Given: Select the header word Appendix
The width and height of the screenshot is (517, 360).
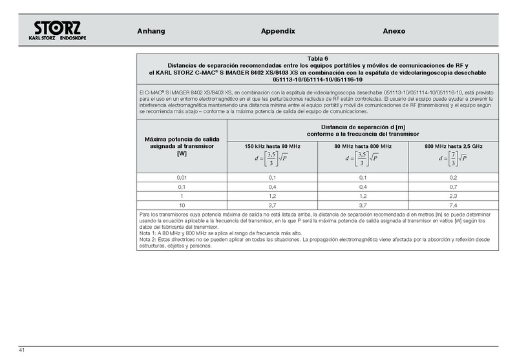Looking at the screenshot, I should click(x=278, y=31).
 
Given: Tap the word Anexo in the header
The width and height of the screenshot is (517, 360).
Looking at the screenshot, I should click(x=394, y=31).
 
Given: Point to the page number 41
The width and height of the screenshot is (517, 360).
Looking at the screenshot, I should click(x=22, y=350).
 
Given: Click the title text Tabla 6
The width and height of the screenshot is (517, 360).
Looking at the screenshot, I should click(x=318, y=59).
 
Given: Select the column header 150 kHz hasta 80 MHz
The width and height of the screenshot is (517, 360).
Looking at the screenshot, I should click(x=273, y=147).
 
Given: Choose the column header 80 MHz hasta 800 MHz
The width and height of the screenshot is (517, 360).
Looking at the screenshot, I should click(x=363, y=147).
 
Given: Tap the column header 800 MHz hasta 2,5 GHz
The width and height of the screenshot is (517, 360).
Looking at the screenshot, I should click(x=453, y=147).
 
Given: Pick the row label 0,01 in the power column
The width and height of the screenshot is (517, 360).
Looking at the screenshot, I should click(x=182, y=177).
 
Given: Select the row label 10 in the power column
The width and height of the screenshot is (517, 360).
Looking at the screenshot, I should click(x=182, y=204).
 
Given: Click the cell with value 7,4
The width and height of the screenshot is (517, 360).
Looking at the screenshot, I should click(x=453, y=204).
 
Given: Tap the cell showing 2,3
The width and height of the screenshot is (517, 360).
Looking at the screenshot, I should click(x=453, y=195).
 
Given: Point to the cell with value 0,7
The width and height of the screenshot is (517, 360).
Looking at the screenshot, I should click(x=453, y=186).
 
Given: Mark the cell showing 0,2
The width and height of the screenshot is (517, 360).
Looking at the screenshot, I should click(x=453, y=177).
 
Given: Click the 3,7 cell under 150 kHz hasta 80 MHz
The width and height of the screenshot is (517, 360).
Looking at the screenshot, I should click(x=273, y=204).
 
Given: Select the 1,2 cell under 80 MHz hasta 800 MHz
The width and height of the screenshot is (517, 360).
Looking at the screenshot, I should click(x=363, y=195).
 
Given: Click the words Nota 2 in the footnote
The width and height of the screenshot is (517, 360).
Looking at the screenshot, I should click(x=149, y=239).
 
